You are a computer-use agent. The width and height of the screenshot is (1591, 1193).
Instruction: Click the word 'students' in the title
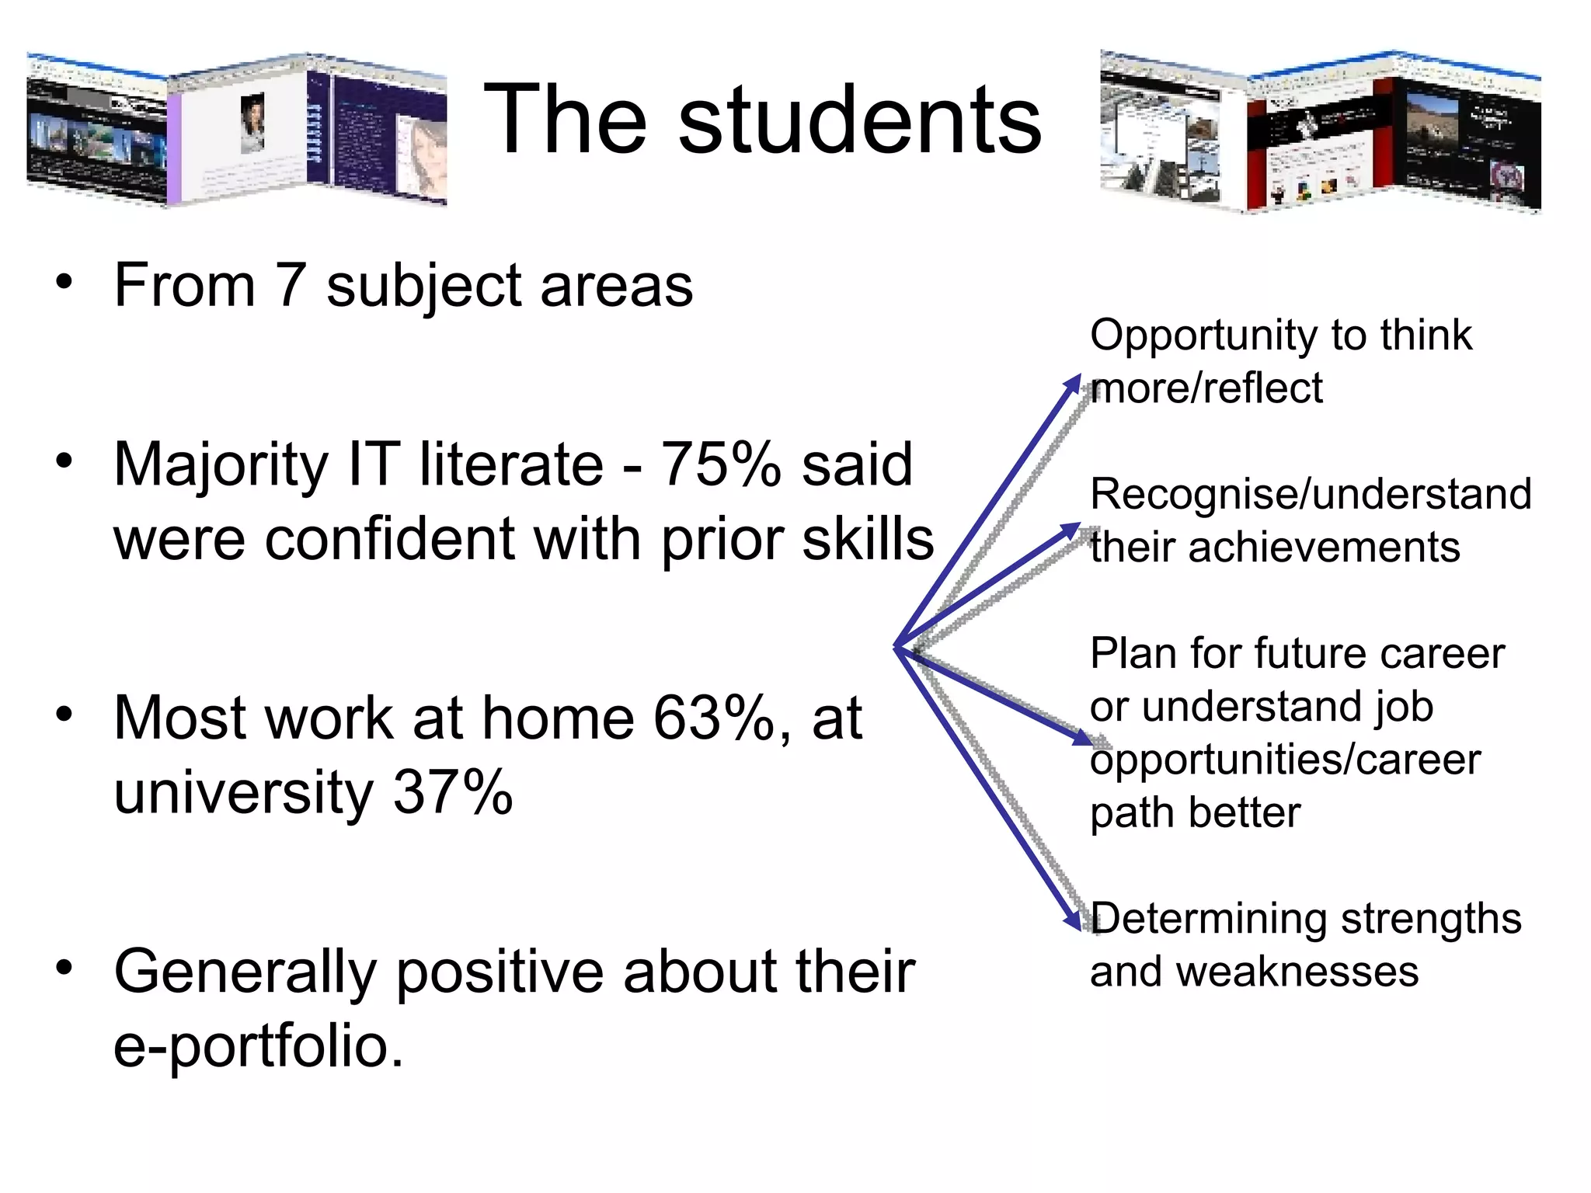(859, 120)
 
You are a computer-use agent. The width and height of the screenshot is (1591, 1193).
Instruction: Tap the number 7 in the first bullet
(290, 286)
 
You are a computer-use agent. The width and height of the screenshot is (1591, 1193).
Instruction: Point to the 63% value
(713, 718)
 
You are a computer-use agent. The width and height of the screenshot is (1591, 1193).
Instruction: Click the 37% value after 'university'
(453, 792)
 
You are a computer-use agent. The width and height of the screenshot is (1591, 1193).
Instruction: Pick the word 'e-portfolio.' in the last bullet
(259, 1045)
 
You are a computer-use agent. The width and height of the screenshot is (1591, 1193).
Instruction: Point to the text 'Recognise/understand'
(1311, 494)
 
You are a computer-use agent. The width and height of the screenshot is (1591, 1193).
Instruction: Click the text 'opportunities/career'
(1285, 760)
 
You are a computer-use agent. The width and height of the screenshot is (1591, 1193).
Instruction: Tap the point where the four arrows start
(897, 647)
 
